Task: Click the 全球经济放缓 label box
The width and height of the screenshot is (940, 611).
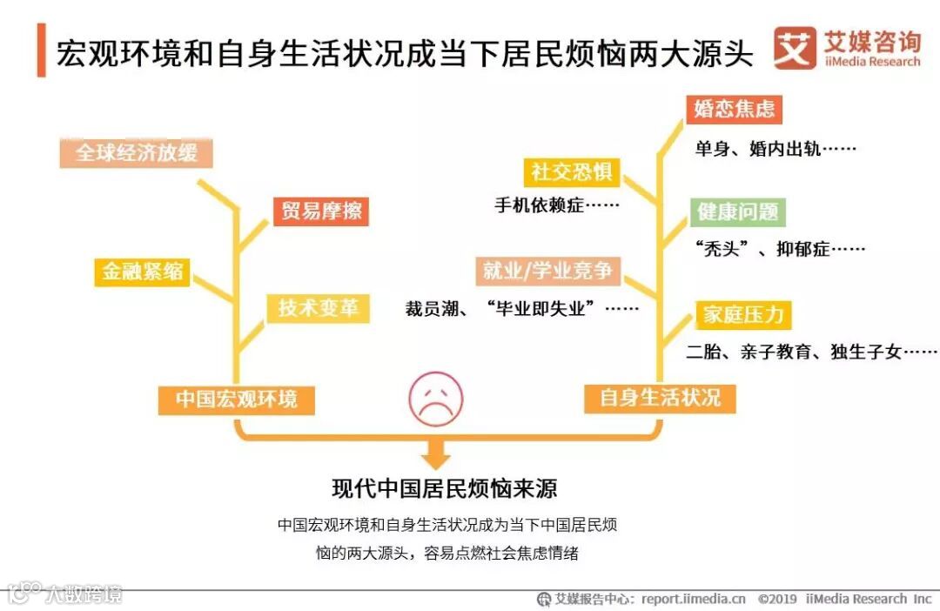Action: point(137,153)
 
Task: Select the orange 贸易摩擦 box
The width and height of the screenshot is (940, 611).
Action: point(321,211)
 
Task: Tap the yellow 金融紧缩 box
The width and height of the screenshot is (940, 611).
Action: point(143,271)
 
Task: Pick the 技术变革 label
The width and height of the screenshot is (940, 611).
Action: point(319,308)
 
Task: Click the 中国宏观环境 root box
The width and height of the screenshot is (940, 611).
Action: point(237,399)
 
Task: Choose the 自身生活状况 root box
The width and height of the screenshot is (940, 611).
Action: point(660,398)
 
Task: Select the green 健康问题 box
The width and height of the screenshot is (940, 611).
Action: point(738,211)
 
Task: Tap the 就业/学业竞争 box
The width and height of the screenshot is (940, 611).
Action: point(547,271)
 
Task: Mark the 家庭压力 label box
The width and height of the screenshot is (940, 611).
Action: point(742,314)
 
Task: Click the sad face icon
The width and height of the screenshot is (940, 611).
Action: point(436,399)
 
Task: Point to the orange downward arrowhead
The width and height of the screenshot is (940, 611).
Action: point(436,456)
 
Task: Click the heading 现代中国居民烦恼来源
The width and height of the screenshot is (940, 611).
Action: point(444,488)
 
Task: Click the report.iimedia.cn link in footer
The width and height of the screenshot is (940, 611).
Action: point(694,599)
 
